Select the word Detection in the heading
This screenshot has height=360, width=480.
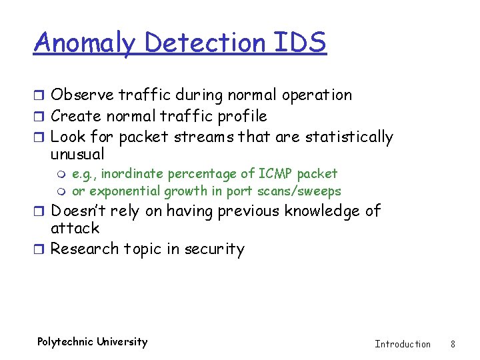(205, 42)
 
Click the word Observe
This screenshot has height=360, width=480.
(81, 95)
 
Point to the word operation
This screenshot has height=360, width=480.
(317, 95)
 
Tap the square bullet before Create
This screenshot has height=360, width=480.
(41, 116)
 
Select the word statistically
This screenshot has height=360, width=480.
(349, 137)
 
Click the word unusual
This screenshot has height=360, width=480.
(77, 155)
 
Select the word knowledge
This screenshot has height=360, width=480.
(321, 211)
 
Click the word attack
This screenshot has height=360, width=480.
(75, 229)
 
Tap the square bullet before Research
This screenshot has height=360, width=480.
(41, 249)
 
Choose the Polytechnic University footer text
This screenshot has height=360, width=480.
(92, 342)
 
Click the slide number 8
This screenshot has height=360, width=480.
(453, 344)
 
